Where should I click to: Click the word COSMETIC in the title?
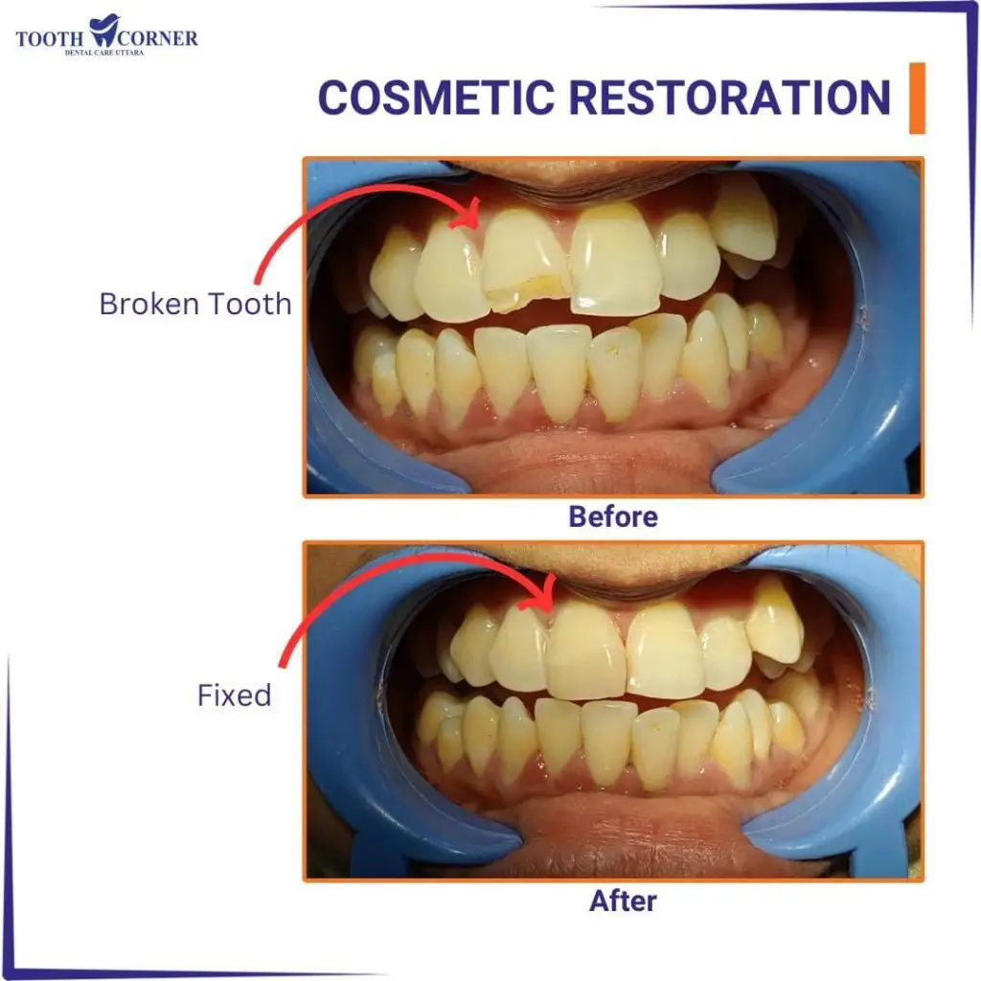pos(436,98)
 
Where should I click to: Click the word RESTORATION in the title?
pos(729,98)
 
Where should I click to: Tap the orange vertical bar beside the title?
pos(917,98)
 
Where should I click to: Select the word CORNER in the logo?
pos(157,38)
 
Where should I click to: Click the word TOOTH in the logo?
pos(50,38)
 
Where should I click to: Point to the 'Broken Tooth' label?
pos(195,304)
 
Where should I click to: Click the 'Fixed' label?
pos(235,696)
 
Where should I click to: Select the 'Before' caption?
pos(613,516)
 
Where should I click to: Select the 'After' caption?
pos(623,901)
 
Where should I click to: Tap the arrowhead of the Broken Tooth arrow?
pos(468,216)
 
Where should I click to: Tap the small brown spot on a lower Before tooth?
pos(614,353)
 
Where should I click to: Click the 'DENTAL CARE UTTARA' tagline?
pos(104,53)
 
